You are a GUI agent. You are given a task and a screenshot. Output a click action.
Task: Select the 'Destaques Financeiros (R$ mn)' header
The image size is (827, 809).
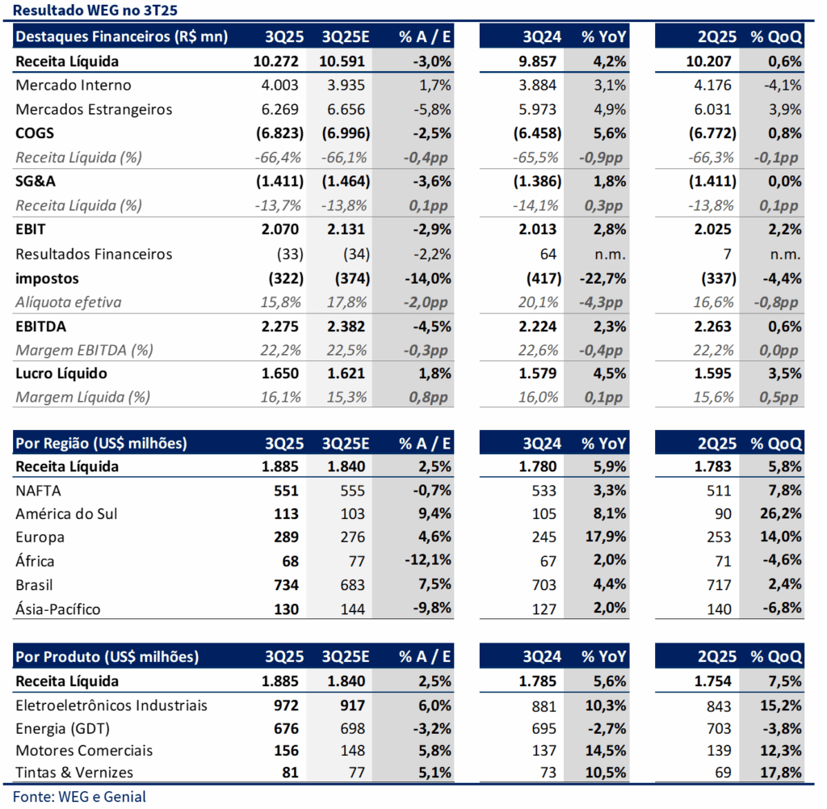coord(122,36)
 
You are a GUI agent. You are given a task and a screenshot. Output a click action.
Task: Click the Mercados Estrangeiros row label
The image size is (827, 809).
coord(94,109)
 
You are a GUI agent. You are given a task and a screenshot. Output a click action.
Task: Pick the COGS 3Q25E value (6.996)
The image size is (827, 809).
coord(343,133)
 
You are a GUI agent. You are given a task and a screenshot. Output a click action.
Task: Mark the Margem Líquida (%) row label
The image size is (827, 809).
coord(82,397)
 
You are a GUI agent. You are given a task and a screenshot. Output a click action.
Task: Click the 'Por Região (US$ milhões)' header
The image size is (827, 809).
coord(102,443)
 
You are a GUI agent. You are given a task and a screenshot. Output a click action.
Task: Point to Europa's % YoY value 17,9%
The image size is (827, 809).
coord(605,537)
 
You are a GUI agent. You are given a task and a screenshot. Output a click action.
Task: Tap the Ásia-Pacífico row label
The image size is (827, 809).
coord(58,609)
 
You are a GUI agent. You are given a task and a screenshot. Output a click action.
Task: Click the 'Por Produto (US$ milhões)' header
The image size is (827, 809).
coord(107,657)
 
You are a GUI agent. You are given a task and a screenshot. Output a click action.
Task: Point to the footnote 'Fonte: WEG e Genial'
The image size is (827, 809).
coord(80,797)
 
